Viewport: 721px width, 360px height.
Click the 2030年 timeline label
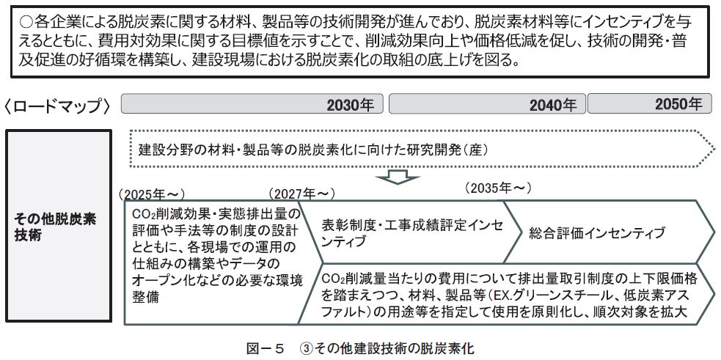pyautogui.click(x=349, y=106)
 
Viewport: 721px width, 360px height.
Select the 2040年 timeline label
pyautogui.click(x=553, y=106)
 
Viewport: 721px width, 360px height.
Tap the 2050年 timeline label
pyautogui.click(x=678, y=105)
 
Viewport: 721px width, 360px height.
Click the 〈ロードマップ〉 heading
pyautogui.click(x=58, y=106)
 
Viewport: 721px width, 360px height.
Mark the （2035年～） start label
pyautogui.click(x=497, y=188)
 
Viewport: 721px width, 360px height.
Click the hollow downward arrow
pyautogui.click(x=397, y=177)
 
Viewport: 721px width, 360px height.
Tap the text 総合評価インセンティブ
pyautogui.click(x=597, y=233)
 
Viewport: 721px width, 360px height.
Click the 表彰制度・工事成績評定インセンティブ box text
pyautogui.click(x=411, y=232)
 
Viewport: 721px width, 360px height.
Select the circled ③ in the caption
pyautogui.click(x=305, y=348)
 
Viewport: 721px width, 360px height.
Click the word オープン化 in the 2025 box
pyautogui.click(x=161, y=281)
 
